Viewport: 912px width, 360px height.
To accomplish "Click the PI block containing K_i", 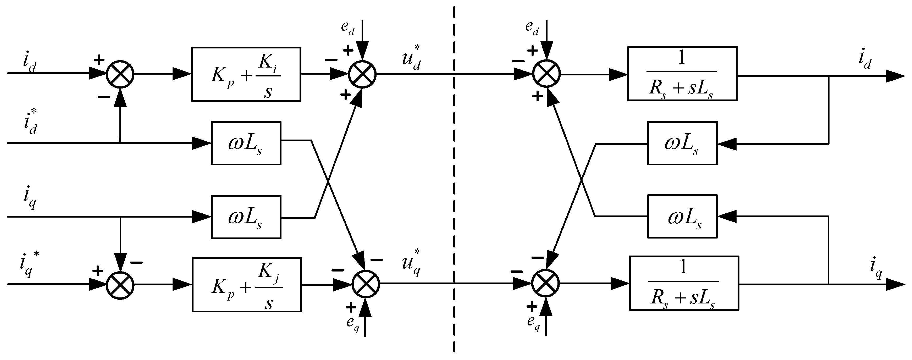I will tap(246, 74).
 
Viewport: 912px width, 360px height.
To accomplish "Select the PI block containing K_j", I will tap(247, 285).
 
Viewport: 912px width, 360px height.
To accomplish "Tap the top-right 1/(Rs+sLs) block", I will tap(682, 74).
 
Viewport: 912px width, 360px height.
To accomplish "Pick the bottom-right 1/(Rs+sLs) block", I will tap(684, 283).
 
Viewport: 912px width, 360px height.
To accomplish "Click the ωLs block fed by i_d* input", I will tap(246, 143).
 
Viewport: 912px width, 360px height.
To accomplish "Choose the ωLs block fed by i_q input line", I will tap(246, 217).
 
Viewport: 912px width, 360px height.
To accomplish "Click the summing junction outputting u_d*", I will tap(362, 74).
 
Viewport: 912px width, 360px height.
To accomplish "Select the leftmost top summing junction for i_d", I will tap(120, 74).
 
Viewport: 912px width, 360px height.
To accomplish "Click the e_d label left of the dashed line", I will tap(348, 27).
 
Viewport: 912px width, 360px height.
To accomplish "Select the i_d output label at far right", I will tap(865, 60).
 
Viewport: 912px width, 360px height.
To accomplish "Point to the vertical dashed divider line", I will tap(454, 177).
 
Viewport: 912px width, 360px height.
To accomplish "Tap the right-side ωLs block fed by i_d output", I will tap(682, 143).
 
